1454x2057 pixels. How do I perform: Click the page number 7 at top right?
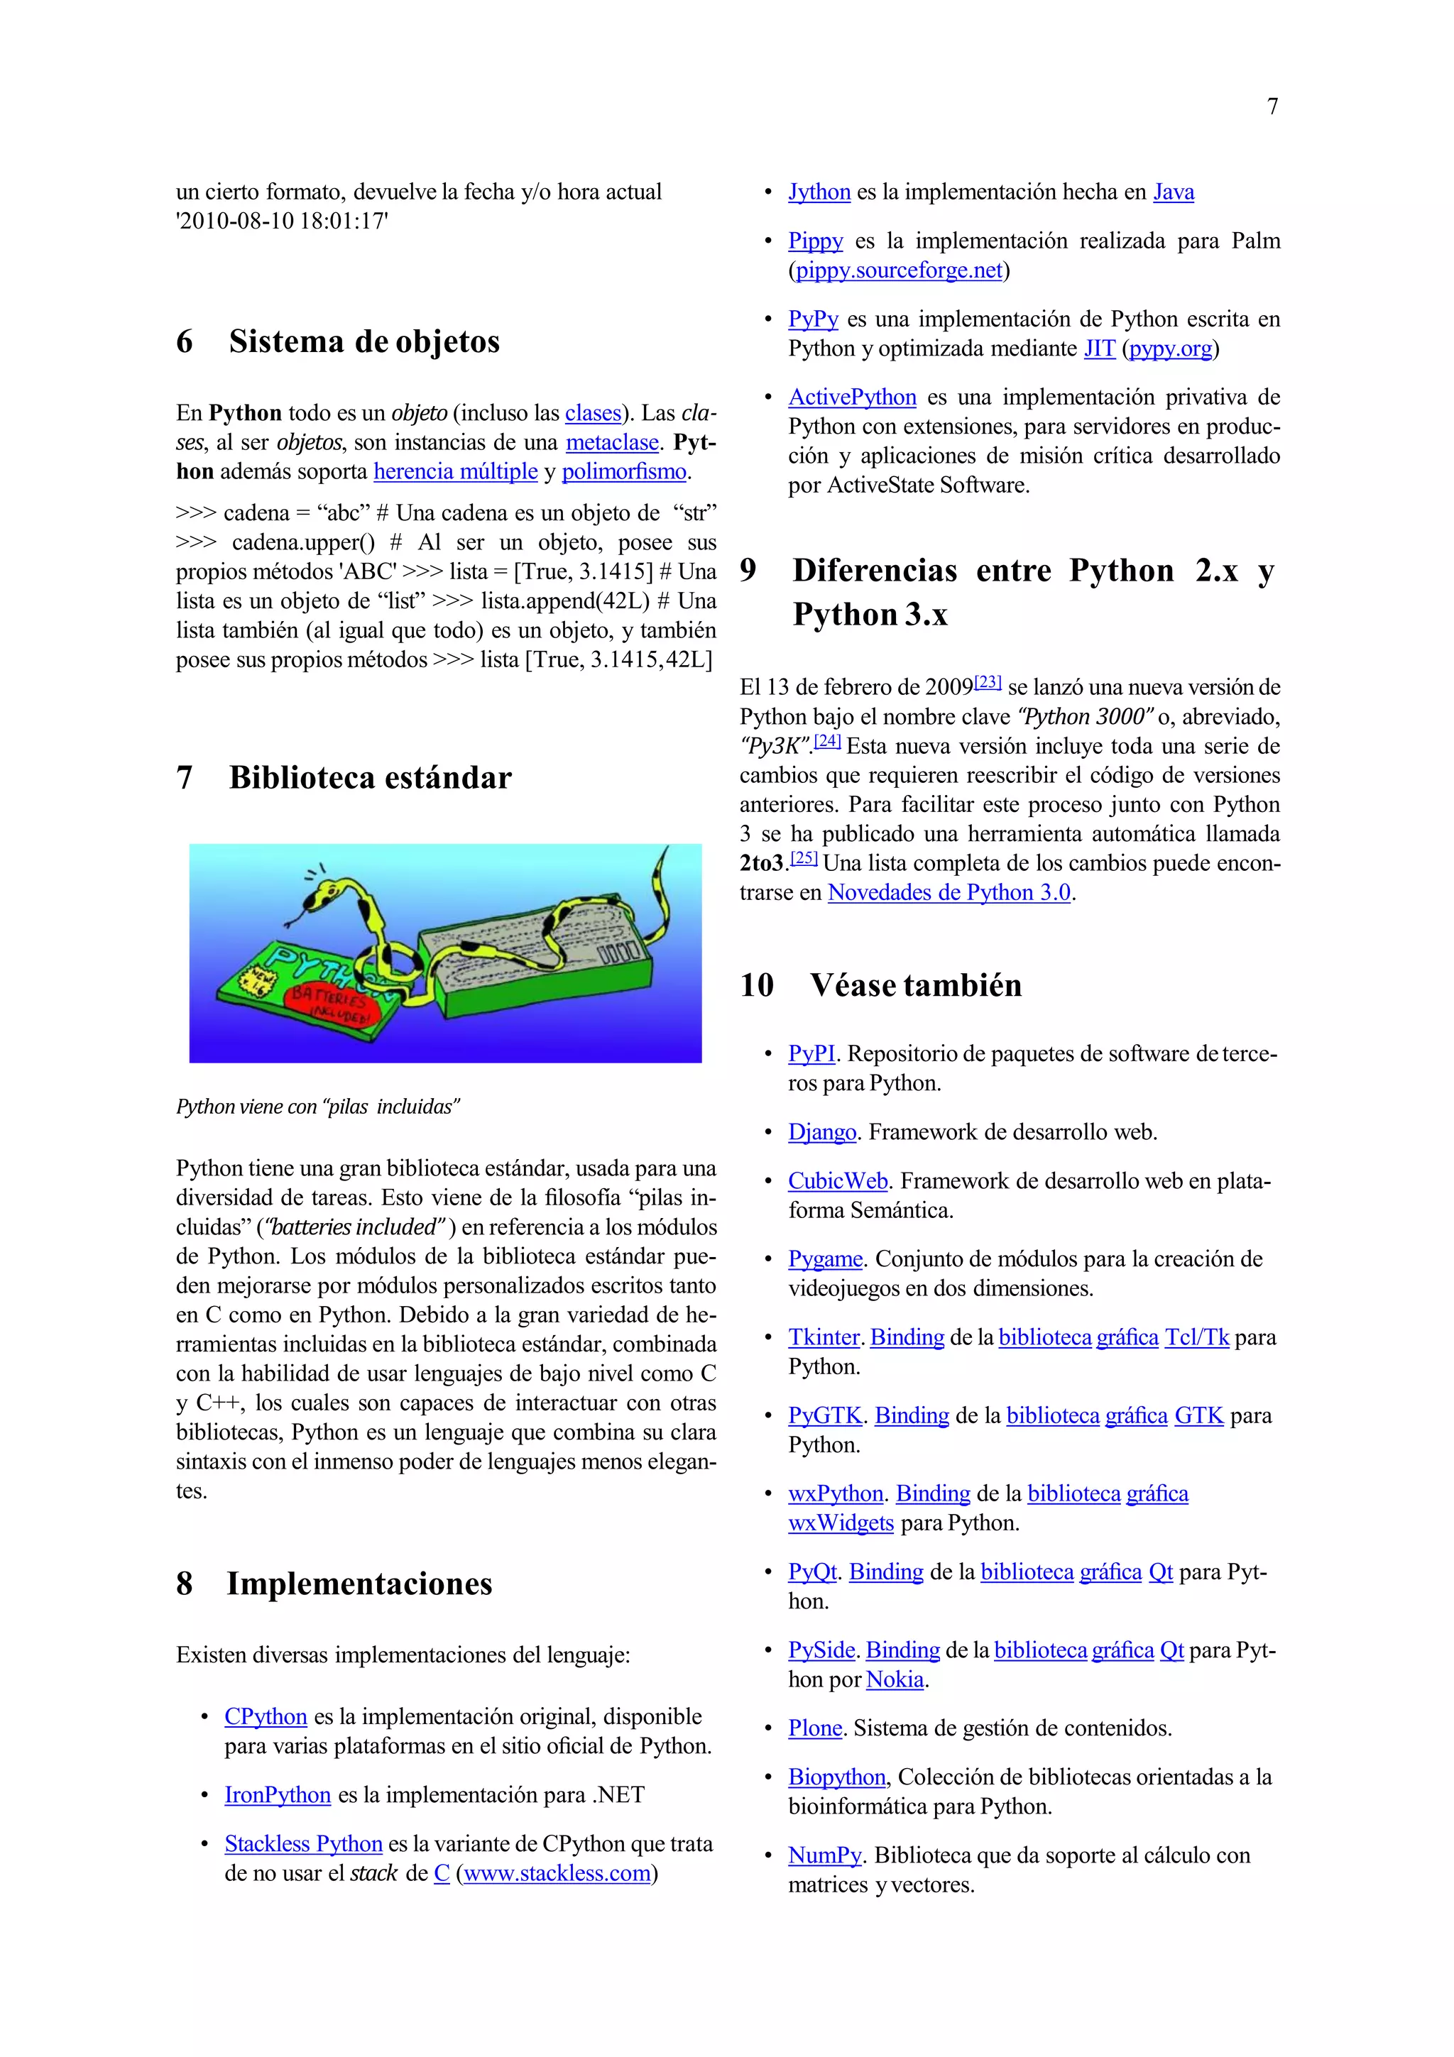(1272, 106)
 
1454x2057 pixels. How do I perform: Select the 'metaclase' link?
(612, 443)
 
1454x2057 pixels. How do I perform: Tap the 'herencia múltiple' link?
(455, 472)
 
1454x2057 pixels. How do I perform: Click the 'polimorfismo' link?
(625, 472)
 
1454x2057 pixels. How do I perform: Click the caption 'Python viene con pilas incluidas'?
(317, 1107)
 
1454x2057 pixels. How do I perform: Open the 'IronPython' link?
(278, 1795)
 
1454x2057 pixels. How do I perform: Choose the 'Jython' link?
(819, 192)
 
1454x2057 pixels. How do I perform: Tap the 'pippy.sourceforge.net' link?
(899, 270)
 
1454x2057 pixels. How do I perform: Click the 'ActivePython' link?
(852, 397)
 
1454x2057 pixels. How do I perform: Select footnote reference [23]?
(988, 683)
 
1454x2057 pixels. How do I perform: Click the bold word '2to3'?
(762, 864)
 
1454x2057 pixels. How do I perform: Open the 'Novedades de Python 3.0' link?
(949, 893)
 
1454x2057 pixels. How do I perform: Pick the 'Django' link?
(821, 1132)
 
